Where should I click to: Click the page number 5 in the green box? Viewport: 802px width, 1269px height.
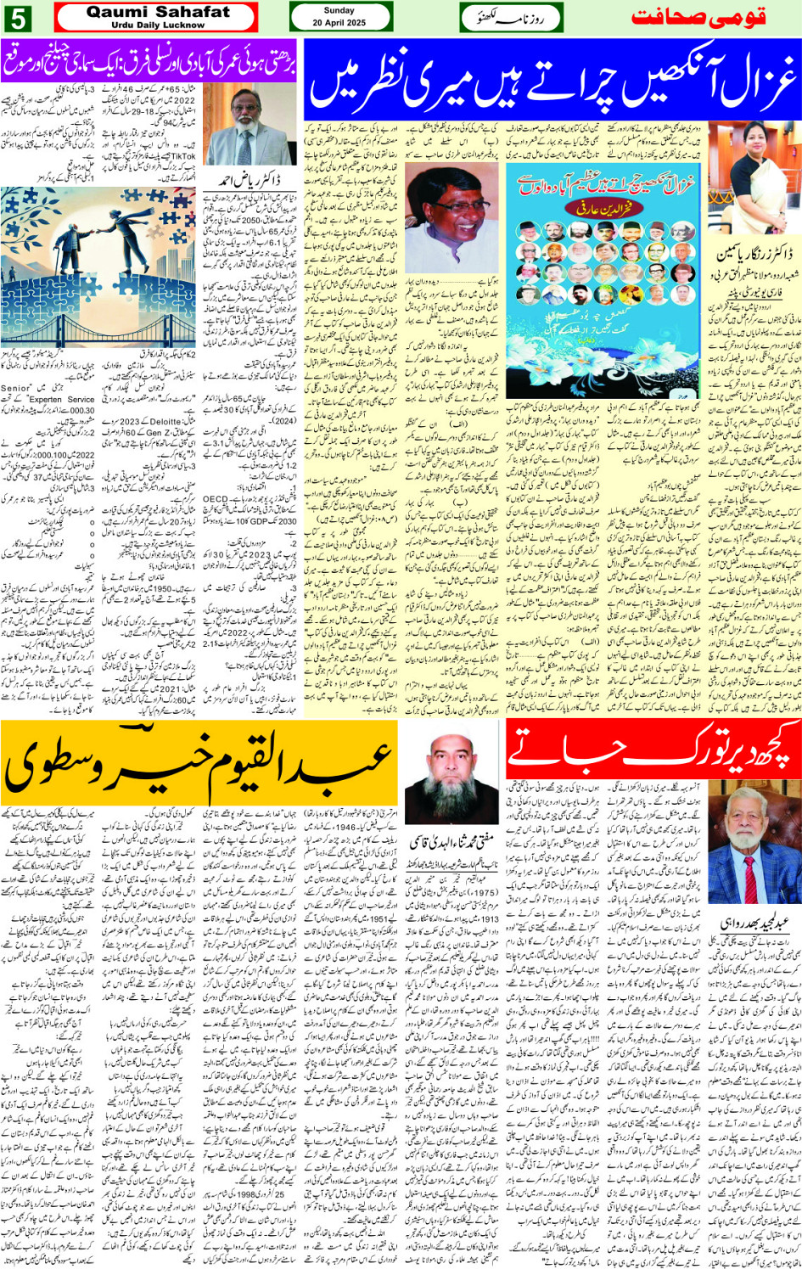(x=17, y=17)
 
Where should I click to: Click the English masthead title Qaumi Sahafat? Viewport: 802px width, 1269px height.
(x=158, y=12)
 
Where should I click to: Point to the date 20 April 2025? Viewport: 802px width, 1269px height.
(x=339, y=23)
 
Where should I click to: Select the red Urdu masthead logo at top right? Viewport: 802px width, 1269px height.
(x=711, y=17)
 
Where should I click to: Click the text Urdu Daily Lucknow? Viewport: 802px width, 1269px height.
(x=158, y=25)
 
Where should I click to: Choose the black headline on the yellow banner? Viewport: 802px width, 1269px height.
(x=199, y=757)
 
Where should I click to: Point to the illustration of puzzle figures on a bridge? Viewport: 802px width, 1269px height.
(x=98, y=267)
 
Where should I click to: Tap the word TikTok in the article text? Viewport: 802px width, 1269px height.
(x=182, y=157)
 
